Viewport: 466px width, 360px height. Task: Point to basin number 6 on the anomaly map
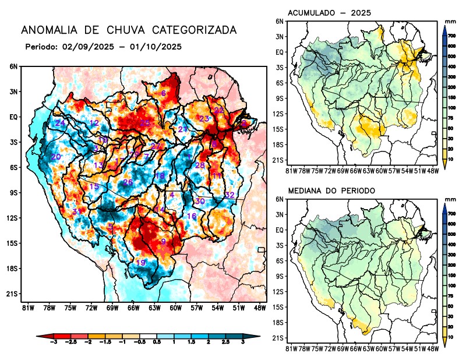point(164,93)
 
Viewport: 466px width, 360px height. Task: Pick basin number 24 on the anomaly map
point(60,123)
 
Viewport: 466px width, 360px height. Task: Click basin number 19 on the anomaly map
point(140,263)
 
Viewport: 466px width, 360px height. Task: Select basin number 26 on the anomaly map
point(128,183)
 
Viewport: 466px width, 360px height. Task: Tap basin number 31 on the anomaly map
point(76,211)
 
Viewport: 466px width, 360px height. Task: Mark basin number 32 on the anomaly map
point(230,195)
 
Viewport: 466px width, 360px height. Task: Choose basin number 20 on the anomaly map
point(56,157)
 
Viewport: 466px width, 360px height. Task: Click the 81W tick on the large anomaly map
point(27,307)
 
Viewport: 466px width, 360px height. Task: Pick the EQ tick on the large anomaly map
point(14,117)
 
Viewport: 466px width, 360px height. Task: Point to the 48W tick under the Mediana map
point(432,348)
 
